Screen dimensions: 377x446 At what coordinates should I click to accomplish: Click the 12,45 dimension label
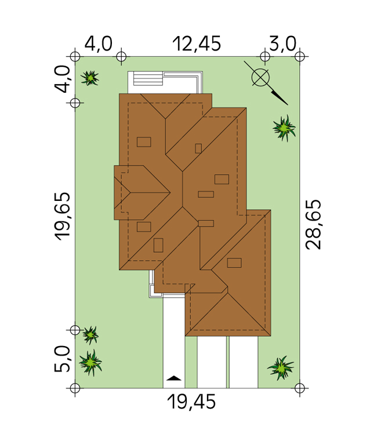coord(197,44)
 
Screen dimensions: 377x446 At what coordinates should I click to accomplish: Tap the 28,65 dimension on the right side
coord(313,225)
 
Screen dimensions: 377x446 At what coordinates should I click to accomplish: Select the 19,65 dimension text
coord(62,217)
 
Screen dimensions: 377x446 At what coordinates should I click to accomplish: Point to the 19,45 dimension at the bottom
coord(191,402)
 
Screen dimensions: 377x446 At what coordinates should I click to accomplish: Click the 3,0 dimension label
coord(282,44)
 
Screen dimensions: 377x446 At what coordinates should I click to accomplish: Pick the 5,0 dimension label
coord(62,359)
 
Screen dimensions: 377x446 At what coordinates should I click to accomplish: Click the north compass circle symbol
coord(260,77)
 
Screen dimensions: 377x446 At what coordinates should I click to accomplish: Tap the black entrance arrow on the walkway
coord(174,378)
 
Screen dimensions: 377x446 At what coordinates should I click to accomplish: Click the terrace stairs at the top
coord(148,78)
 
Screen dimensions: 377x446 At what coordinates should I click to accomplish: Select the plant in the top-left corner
coord(90,78)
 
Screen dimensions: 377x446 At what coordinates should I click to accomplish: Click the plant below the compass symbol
coord(284,128)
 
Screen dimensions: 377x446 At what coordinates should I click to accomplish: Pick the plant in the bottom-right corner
coord(281,368)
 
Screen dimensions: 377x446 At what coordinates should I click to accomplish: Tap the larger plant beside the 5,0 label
coord(90,362)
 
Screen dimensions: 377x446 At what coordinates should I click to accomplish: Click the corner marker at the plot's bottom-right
coord(300,388)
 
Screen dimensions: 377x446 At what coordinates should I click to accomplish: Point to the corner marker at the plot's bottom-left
coord(75,388)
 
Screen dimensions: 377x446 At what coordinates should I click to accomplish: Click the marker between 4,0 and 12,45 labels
coord(121,56)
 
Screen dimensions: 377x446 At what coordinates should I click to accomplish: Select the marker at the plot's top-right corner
coord(300,56)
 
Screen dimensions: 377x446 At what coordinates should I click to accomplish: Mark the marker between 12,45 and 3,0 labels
coord(265,56)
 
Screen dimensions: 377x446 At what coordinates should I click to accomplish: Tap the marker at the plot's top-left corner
coord(75,56)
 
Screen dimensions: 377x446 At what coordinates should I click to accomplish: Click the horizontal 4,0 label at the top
coord(99,44)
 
